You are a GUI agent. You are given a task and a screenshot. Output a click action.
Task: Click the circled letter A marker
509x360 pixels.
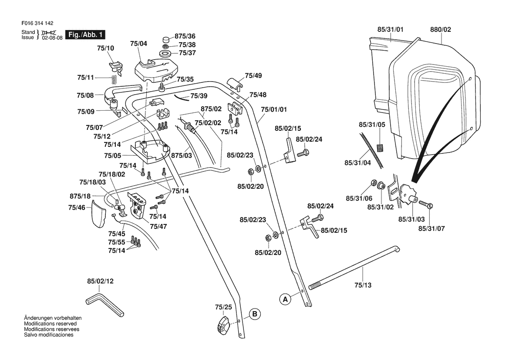285,299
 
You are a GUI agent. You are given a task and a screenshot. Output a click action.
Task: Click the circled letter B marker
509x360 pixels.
254,314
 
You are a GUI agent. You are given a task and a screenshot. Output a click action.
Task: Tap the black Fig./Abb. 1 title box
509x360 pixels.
85,35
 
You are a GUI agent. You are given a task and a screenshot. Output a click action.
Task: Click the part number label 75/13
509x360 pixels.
363,285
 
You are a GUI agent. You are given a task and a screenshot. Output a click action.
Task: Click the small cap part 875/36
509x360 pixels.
166,40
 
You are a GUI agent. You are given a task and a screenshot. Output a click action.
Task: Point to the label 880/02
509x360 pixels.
441,30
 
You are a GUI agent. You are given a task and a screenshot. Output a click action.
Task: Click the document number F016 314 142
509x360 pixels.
37,23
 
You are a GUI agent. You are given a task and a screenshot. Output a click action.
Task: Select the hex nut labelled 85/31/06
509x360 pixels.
373,183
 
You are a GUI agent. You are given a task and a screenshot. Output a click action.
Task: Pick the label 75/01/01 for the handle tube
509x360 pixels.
274,109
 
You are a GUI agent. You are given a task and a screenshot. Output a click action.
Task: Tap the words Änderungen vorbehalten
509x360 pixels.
53,318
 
